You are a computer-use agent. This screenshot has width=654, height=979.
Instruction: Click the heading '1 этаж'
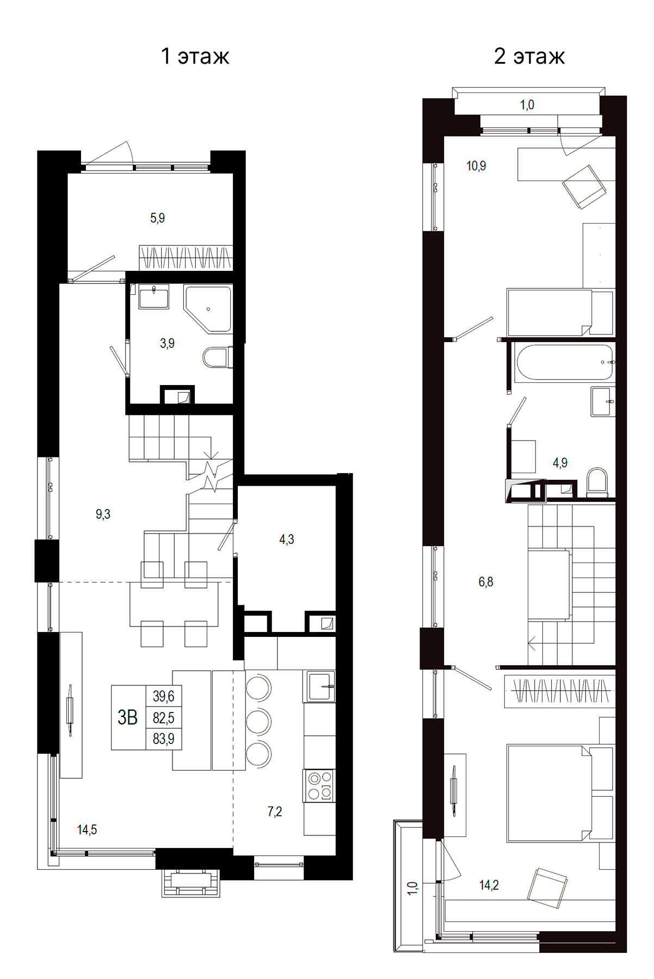(x=195, y=56)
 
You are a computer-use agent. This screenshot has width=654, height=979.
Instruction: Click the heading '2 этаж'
(x=529, y=56)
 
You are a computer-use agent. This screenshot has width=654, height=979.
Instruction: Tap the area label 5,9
(x=157, y=218)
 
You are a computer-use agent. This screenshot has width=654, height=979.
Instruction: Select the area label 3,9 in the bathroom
(x=167, y=343)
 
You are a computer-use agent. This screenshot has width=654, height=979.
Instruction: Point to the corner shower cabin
(x=209, y=308)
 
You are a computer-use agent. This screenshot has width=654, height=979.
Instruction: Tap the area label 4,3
(x=287, y=539)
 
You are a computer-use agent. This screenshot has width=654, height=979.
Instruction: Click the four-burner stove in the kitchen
(x=319, y=785)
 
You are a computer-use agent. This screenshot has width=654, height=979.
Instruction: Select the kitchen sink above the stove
(x=320, y=686)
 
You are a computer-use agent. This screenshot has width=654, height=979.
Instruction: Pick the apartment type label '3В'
(x=128, y=717)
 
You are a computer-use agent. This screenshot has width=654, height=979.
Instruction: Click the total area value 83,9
(x=163, y=739)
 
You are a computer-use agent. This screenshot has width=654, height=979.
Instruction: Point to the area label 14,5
(x=87, y=829)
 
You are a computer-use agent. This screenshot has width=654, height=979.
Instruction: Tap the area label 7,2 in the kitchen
(x=275, y=811)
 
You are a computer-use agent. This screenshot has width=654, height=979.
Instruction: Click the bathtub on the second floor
(x=564, y=362)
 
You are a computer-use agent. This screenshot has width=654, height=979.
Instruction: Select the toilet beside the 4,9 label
(x=597, y=481)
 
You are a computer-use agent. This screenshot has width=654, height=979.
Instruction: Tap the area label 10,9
(x=476, y=166)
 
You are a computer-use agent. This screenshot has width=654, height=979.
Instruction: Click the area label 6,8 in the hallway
(x=486, y=582)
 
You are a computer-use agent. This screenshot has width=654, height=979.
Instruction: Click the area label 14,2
(x=489, y=885)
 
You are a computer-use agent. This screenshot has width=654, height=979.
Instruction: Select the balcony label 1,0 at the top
(x=527, y=105)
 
